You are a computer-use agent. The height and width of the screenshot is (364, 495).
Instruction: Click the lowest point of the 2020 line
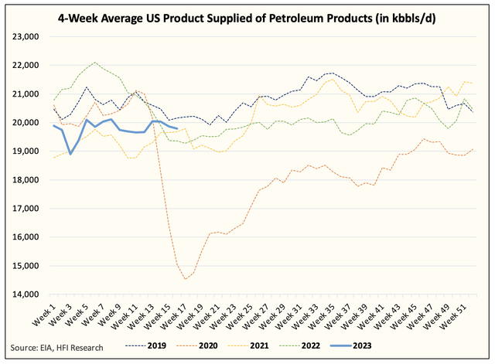tap(186, 278)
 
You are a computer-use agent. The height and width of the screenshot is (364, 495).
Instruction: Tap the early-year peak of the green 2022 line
tap(94, 63)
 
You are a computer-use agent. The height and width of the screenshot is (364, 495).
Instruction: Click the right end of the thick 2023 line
tap(178, 128)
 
